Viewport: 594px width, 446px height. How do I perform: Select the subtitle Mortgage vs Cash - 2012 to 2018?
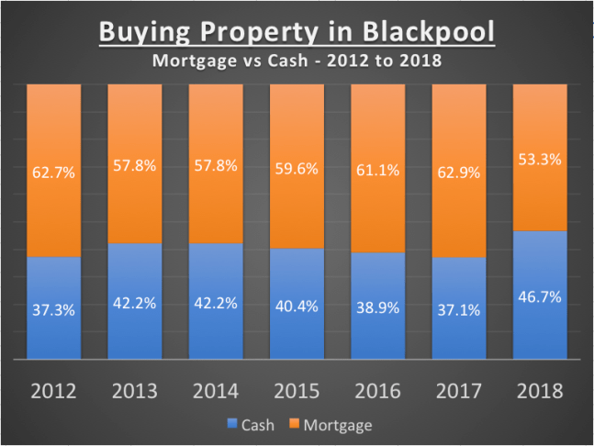click(x=297, y=63)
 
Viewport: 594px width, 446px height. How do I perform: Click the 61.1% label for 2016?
click(x=377, y=170)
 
